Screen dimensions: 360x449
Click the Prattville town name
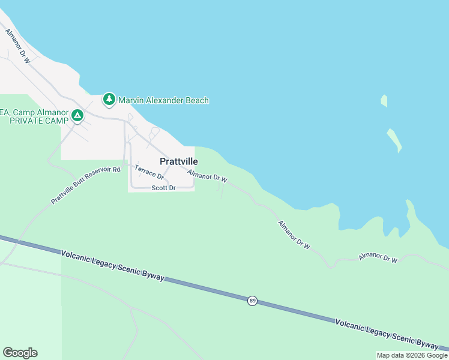pyautogui.click(x=179, y=161)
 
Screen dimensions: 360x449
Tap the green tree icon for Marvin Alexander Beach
pyautogui.click(x=109, y=99)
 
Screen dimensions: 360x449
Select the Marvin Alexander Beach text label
pyautogui.click(x=163, y=100)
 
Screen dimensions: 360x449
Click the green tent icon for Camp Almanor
pyautogui.click(x=77, y=115)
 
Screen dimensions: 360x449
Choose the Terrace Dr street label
pyautogui.click(x=149, y=172)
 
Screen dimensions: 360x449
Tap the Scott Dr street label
pyautogui.click(x=163, y=188)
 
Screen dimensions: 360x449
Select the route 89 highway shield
pyautogui.click(x=252, y=300)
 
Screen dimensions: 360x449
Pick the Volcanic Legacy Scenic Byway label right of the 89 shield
pyautogui.click(x=387, y=334)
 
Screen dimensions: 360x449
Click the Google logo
pyautogui.click(x=20, y=353)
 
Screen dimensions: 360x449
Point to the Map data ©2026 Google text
pyautogui.click(x=412, y=355)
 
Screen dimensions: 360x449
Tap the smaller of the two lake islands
pyautogui.click(x=384, y=101)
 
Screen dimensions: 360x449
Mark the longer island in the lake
pyautogui.click(x=394, y=140)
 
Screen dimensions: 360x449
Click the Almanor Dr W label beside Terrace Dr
pyautogui.click(x=207, y=176)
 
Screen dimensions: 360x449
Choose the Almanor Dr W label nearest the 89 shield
pyautogui.click(x=294, y=235)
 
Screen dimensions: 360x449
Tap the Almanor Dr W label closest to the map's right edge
pyautogui.click(x=378, y=257)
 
